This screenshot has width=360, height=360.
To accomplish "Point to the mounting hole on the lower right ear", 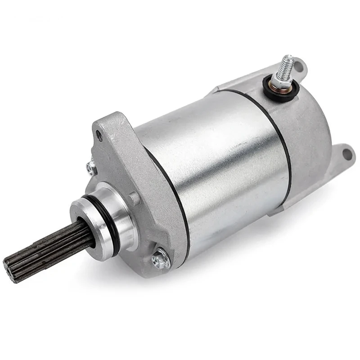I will point(346,154).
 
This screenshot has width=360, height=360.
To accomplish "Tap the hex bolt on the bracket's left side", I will point(92,167).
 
